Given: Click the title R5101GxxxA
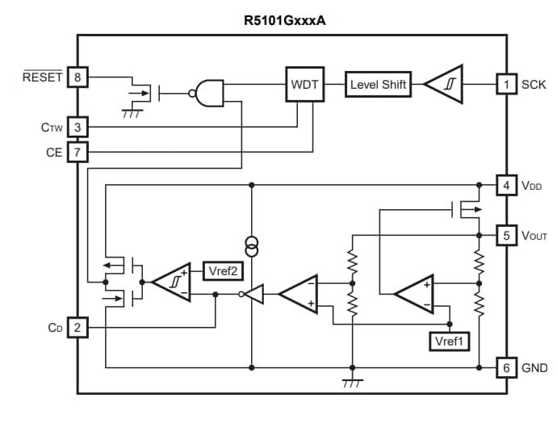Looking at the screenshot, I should pos(285,20).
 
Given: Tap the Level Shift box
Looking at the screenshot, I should pos(378,85).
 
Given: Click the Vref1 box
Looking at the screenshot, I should pos(448,341).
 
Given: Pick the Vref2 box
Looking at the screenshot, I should pos(222,271).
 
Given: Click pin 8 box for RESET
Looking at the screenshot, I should pos(77,77).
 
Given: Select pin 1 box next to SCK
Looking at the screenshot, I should pos(505,84).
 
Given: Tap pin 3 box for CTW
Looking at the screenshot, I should pos(77,127).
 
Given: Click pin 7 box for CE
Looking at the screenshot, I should pos(77,152).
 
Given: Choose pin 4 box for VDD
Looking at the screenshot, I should pos(505,185).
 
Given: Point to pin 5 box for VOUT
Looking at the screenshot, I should pos(505,236).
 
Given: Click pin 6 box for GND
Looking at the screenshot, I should pos(505,367).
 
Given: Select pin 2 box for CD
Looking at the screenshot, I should pos(77,328).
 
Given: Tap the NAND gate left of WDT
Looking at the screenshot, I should pos(205,93).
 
